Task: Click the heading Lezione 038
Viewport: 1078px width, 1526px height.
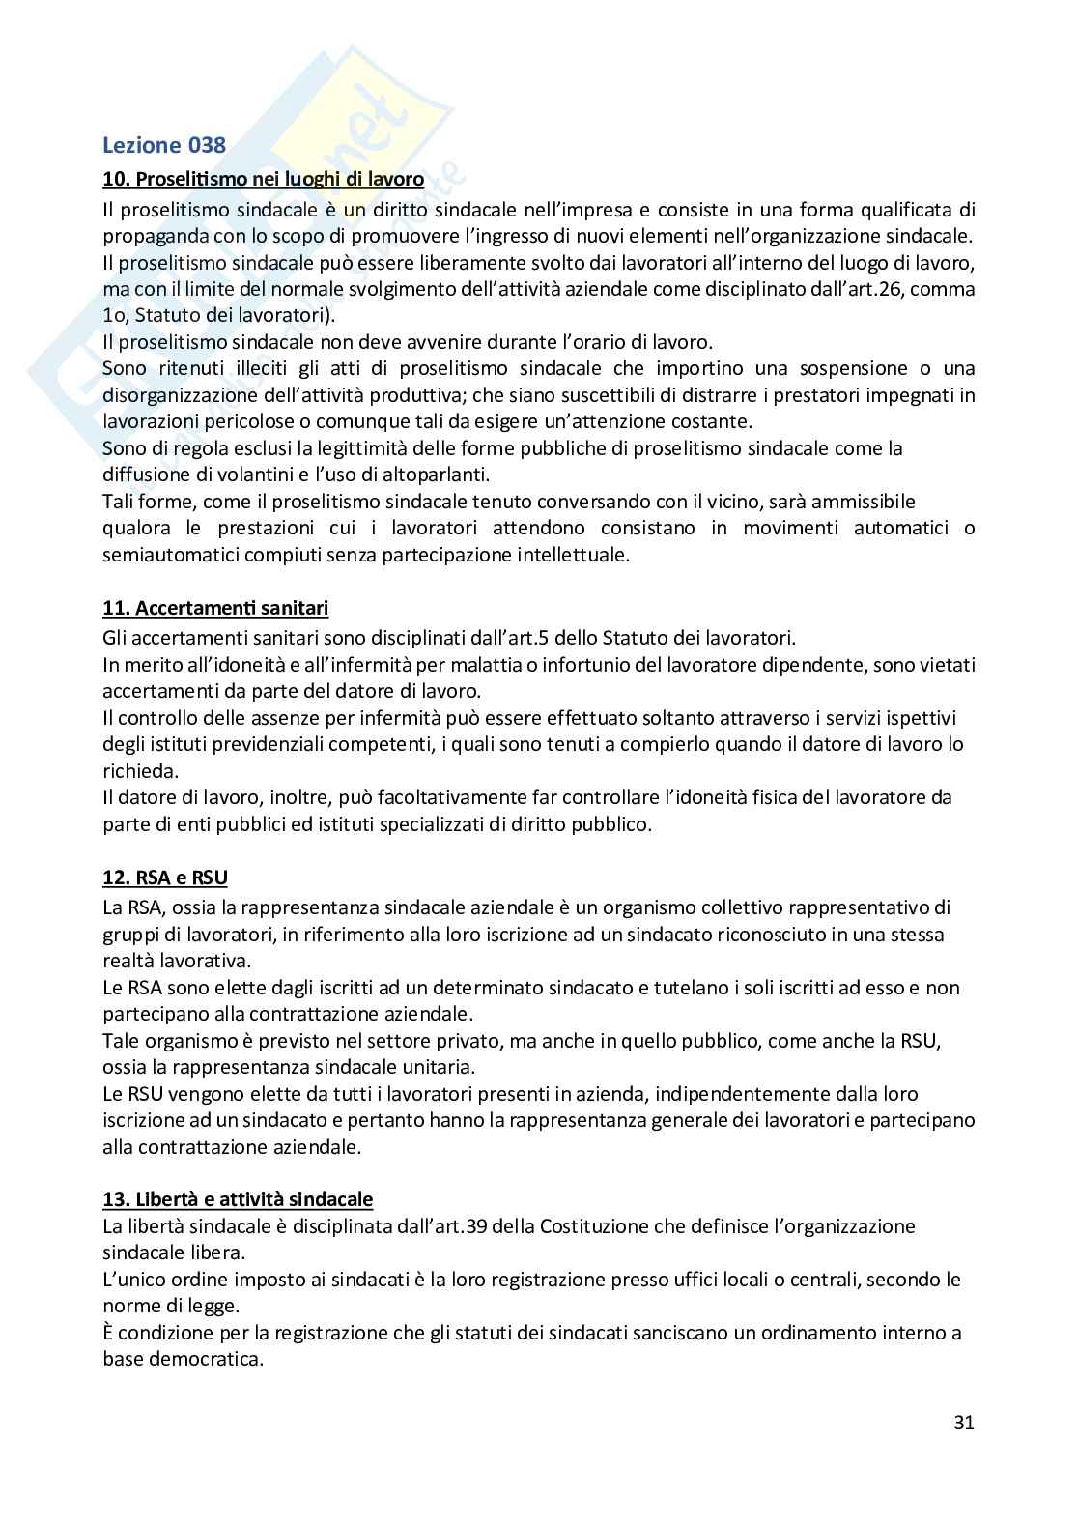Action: point(164,146)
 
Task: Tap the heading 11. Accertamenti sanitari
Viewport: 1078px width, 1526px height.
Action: point(215,608)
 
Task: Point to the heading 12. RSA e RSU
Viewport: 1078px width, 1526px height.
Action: point(165,878)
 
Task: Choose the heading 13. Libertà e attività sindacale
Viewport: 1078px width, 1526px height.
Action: point(238,1199)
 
